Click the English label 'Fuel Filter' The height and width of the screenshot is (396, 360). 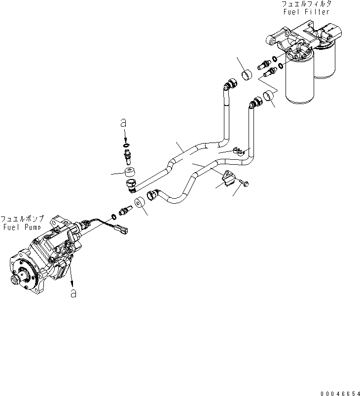(305, 11)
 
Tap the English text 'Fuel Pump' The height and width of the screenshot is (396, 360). (22, 227)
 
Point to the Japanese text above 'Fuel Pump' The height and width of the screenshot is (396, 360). (22, 218)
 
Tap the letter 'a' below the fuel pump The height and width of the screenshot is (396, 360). (73, 293)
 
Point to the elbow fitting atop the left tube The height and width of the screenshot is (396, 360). (229, 85)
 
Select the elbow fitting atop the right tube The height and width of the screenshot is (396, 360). (255, 102)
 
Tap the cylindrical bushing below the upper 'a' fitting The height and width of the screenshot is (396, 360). (131, 173)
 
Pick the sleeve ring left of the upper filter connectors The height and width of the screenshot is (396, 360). (247, 76)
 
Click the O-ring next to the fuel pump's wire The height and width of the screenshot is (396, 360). (114, 216)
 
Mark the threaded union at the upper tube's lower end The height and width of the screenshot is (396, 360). (132, 186)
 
